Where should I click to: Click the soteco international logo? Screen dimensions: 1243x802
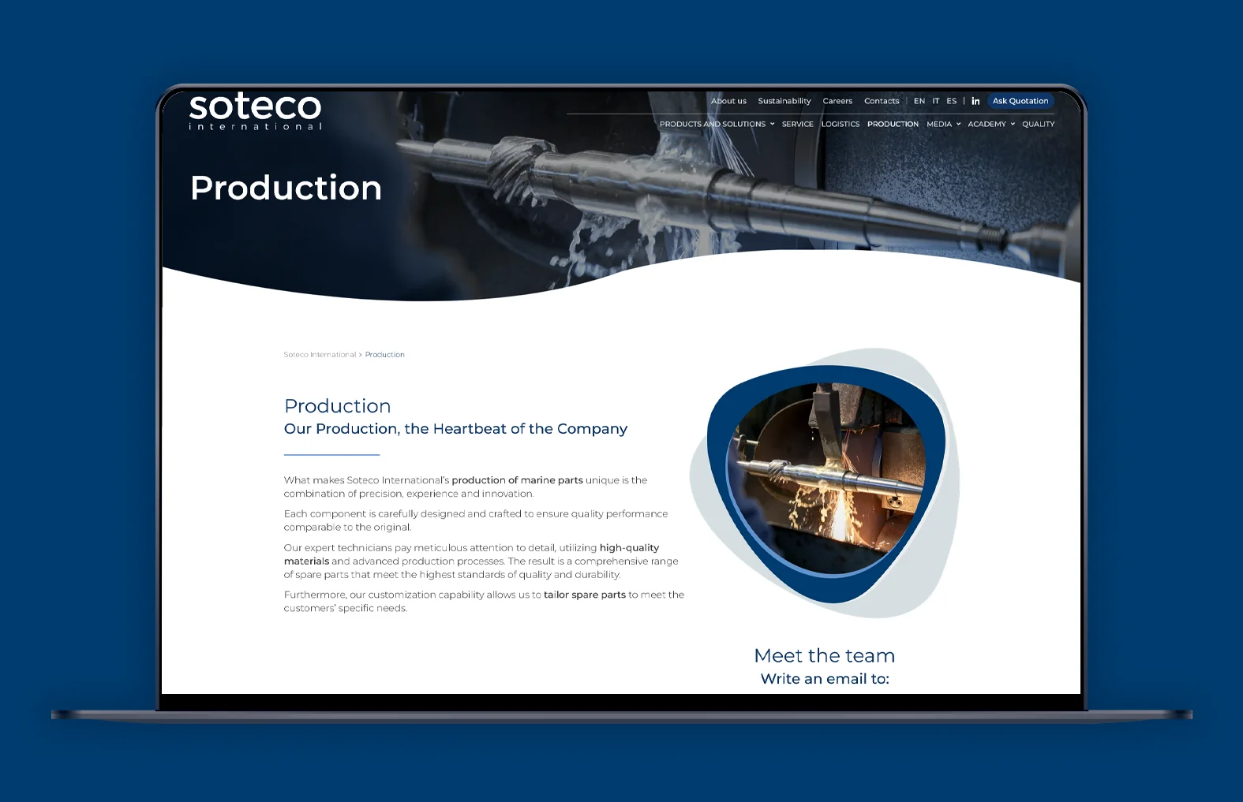point(255,111)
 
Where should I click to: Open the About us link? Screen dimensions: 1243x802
point(728,101)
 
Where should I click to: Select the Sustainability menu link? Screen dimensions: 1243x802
point(784,101)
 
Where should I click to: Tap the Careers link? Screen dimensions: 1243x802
point(837,101)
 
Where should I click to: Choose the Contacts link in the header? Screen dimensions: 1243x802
point(882,101)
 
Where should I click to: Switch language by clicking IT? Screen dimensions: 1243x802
point(935,101)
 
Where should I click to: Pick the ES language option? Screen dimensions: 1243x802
point(952,101)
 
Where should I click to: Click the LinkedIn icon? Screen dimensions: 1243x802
point(975,101)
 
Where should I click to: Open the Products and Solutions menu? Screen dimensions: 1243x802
point(717,125)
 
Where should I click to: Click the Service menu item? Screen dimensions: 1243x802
point(797,125)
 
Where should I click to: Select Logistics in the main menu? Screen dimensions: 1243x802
point(841,125)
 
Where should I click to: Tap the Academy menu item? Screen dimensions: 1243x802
point(991,125)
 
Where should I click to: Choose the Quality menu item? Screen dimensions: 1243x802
point(1039,125)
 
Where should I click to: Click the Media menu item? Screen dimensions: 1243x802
point(943,125)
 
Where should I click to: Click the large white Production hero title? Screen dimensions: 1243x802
point(286,188)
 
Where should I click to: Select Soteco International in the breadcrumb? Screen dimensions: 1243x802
point(320,354)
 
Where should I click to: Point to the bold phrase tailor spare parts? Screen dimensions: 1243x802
point(584,595)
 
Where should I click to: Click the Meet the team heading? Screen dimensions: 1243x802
point(824,655)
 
